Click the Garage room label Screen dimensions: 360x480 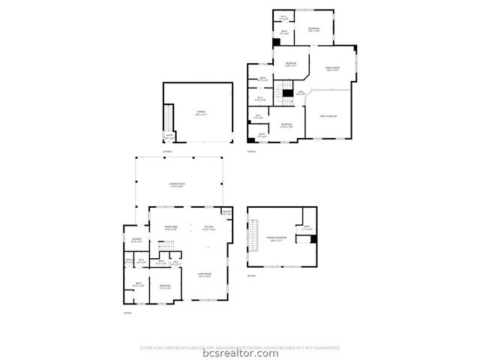[201, 112]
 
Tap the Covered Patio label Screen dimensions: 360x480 [178, 184]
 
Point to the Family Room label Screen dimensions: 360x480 [331, 70]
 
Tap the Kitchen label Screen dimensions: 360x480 [209, 228]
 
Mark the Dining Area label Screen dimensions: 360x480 [171, 228]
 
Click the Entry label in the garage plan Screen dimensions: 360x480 [169, 136]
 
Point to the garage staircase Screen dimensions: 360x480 [169, 118]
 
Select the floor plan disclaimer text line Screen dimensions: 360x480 [240, 347]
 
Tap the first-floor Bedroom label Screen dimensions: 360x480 [165, 286]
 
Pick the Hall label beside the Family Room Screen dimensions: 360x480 [300, 93]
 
